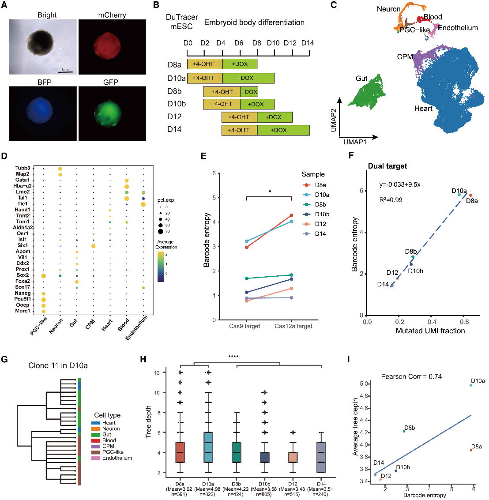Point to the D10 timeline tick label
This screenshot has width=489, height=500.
273,43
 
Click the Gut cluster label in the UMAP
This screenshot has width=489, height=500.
361,79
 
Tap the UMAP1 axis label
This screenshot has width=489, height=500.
355,142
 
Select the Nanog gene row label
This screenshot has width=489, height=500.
23,293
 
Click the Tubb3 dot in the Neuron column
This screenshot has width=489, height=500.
60,168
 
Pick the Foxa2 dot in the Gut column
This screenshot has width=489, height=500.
77,281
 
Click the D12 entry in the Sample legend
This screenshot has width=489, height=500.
320,224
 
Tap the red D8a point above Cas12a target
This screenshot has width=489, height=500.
291,215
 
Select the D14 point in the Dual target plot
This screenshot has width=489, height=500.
391,286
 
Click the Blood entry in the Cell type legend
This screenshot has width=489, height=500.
109,440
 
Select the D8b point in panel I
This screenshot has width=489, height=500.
404,431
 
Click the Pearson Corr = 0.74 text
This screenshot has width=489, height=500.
411,376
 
